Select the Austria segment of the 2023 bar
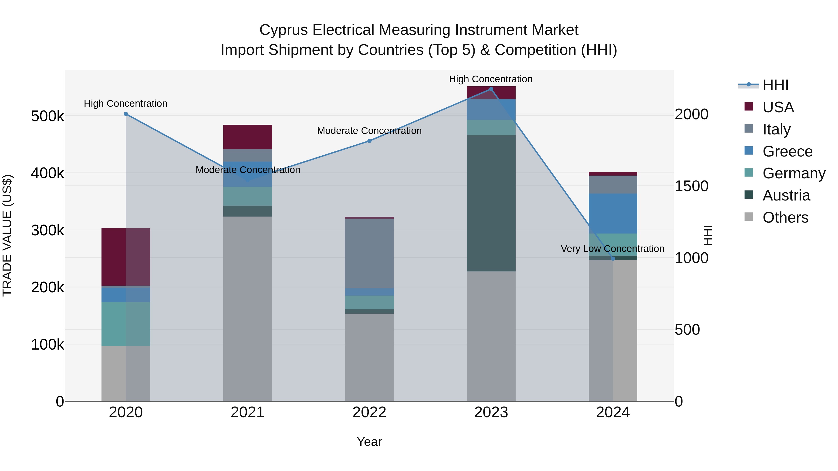tap(491, 203)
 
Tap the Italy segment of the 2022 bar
tap(369, 254)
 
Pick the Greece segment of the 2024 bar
tap(613, 214)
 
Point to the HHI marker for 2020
tap(126, 114)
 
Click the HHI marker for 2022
tap(369, 141)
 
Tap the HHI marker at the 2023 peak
tap(491, 89)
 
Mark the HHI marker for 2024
tap(613, 259)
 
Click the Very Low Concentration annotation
tap(612, 249)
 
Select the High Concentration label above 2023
tap(490, 79)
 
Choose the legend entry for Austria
tap(786, 195)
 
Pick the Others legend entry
tap(785, 217)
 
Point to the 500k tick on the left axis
tap(47, 116)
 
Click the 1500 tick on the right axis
tap(691, 186)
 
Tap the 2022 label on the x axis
tap(369, 412)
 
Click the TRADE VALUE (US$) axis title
tap(7, 235)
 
